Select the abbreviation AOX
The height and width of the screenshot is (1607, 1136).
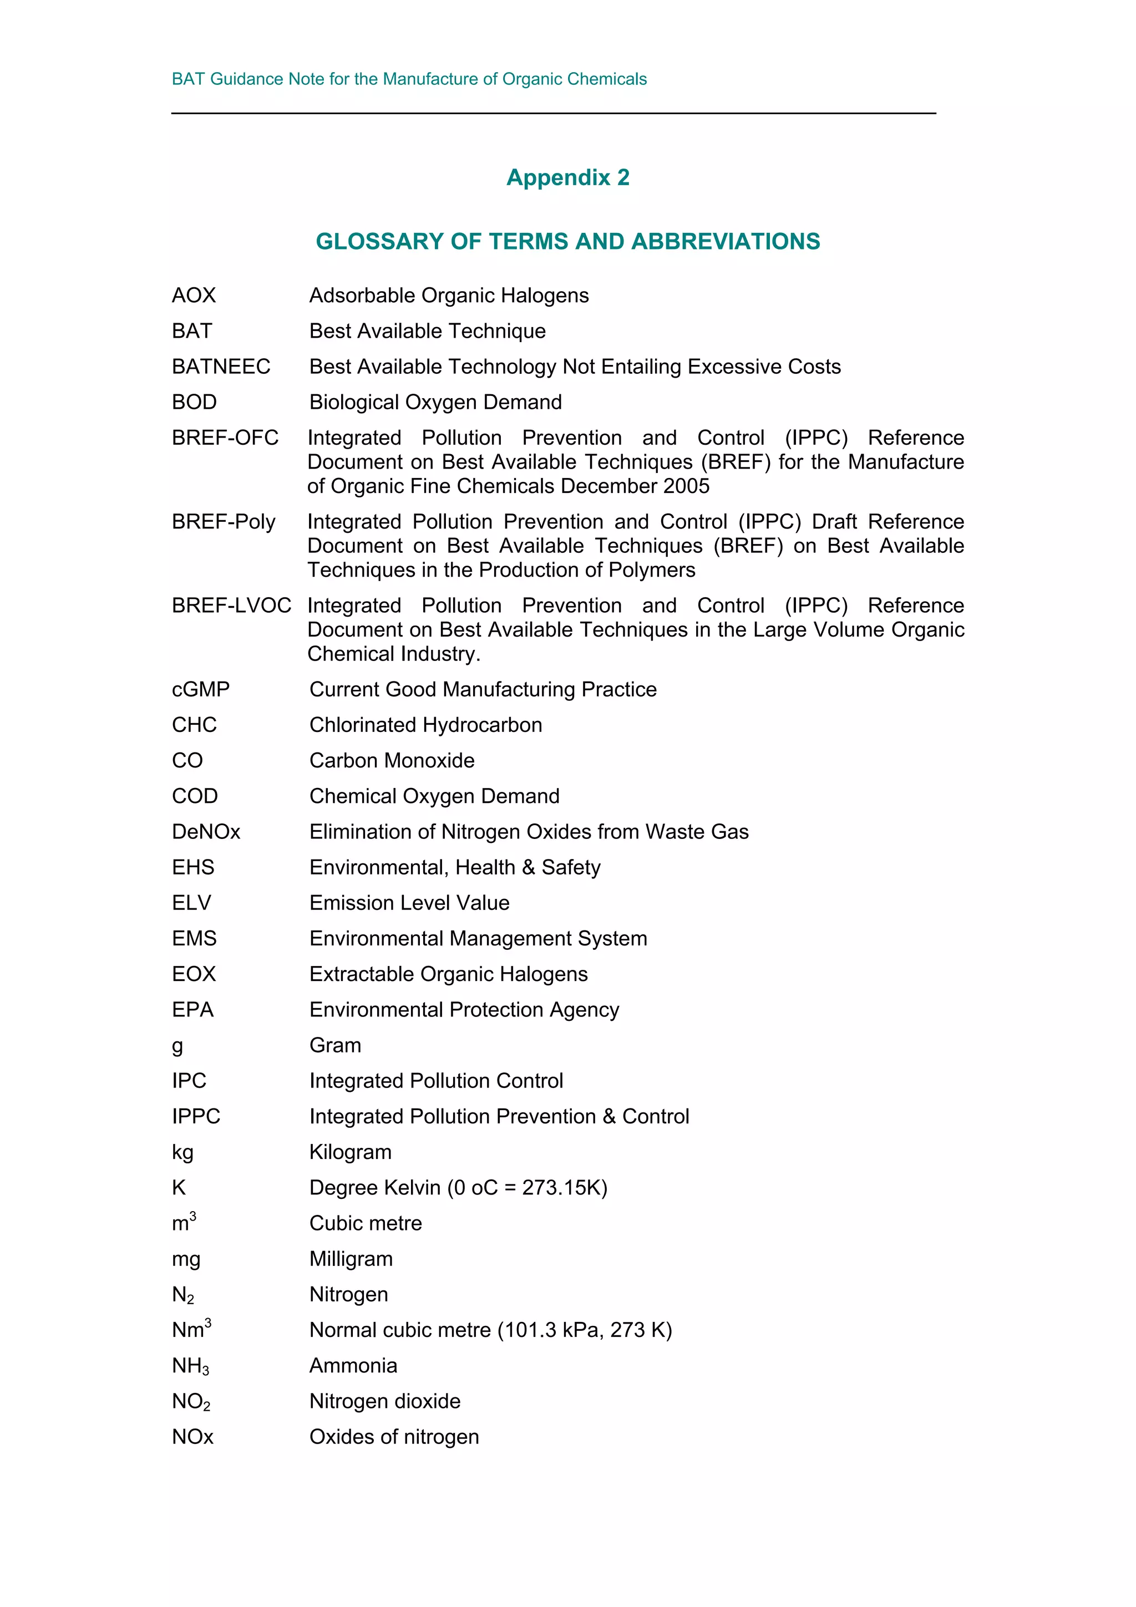click(194, 296)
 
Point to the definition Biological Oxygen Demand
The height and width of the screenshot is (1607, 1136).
click(435, 403)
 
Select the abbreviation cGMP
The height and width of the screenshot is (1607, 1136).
click(201, 689)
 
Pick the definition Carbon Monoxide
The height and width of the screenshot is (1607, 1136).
click(392, 761)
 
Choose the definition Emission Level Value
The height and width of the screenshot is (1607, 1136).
click(409, 903)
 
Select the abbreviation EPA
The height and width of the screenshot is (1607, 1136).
click(192, 1010)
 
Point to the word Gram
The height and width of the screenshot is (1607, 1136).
click(335, 1046)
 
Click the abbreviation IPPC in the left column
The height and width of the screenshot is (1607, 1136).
click(196, 1116)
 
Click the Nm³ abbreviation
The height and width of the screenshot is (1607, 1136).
click(191, 1329)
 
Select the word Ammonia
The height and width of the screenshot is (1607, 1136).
click(353, 1366)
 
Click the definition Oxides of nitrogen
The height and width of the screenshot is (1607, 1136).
click(394, 1437)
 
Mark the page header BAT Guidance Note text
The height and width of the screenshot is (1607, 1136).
click(409, 79)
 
